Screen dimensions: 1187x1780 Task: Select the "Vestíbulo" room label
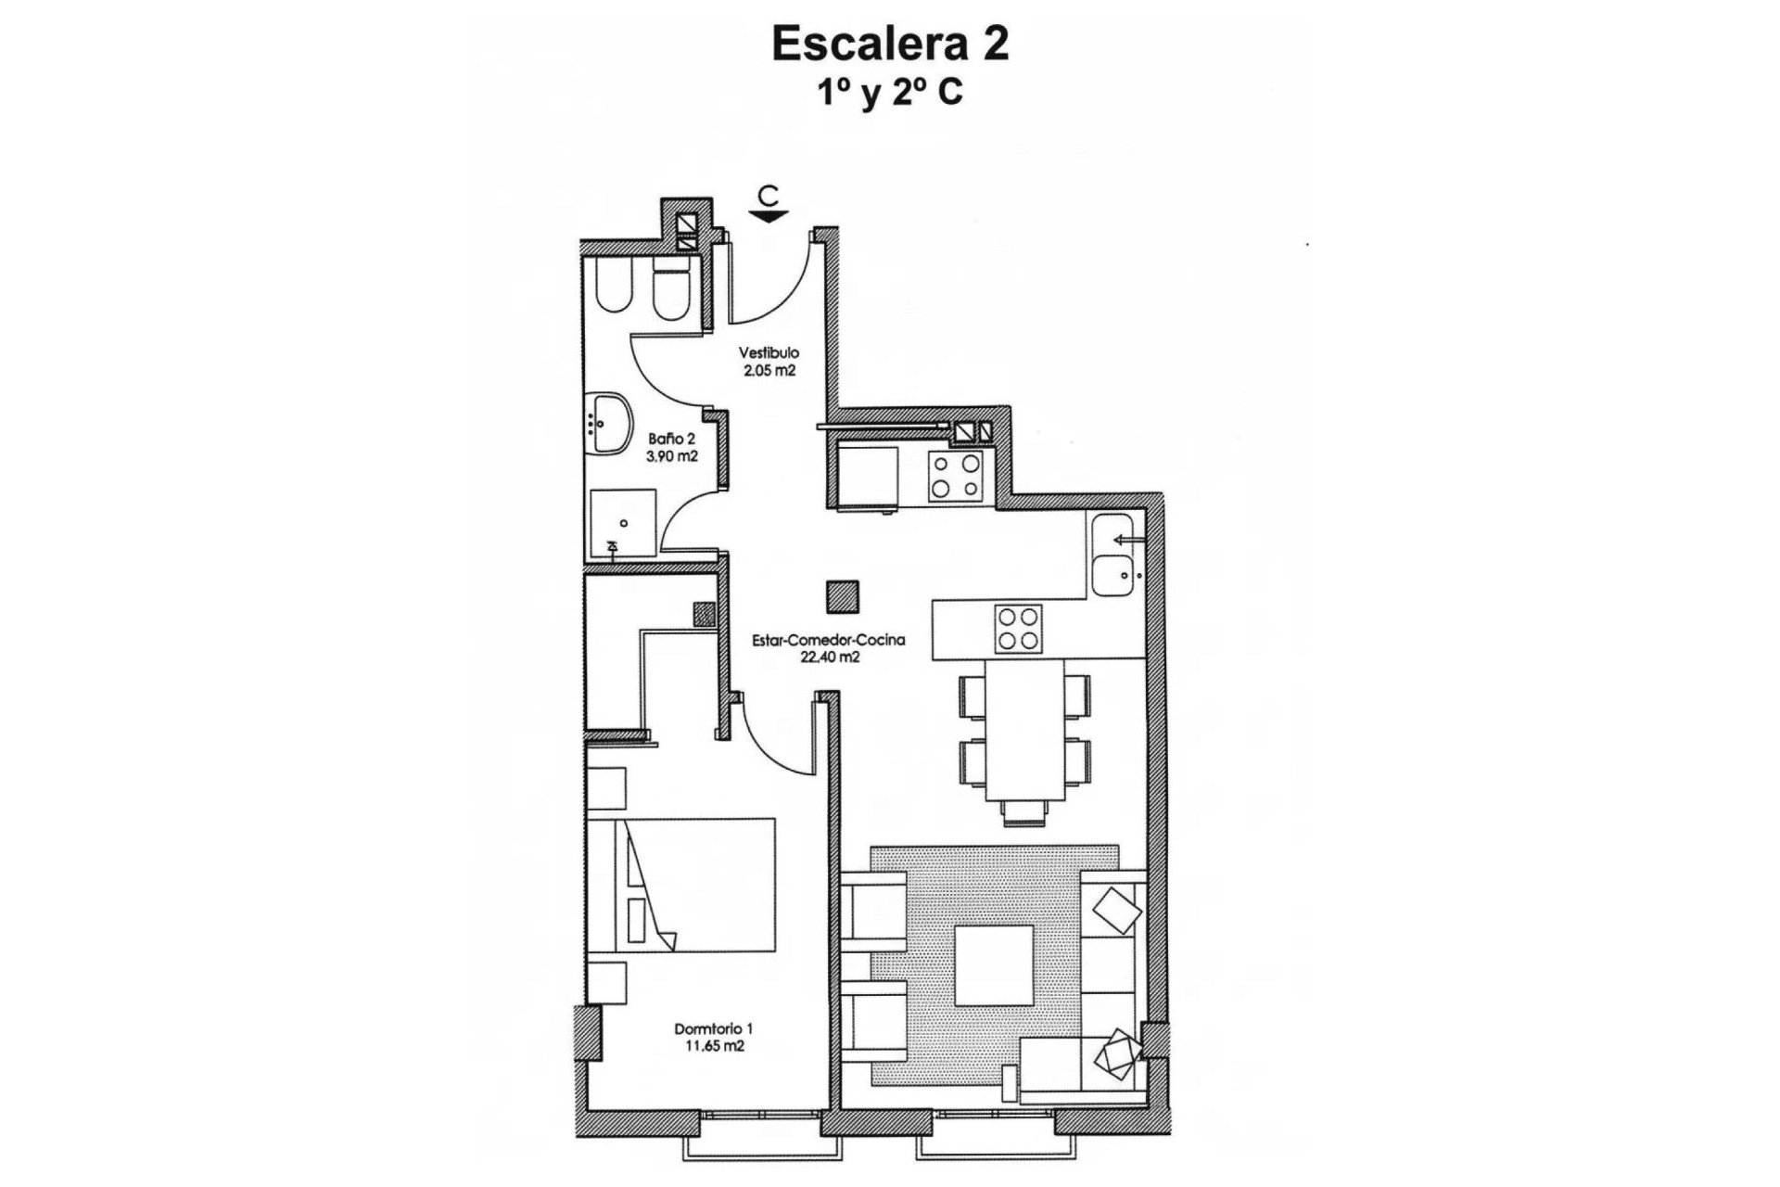click(769, 353)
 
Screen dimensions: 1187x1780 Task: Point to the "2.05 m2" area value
click(769, 370)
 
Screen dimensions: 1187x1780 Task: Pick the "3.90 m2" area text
click(671, 456)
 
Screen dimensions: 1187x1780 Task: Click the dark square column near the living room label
click(843, 596)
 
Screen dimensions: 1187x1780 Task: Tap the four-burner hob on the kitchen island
click(1018, 628)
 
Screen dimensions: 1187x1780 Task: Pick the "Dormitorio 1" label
click(713, 1028)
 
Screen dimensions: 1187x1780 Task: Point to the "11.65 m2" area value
click(713, 1046)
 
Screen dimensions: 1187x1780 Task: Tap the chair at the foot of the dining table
click(1024, 812)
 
